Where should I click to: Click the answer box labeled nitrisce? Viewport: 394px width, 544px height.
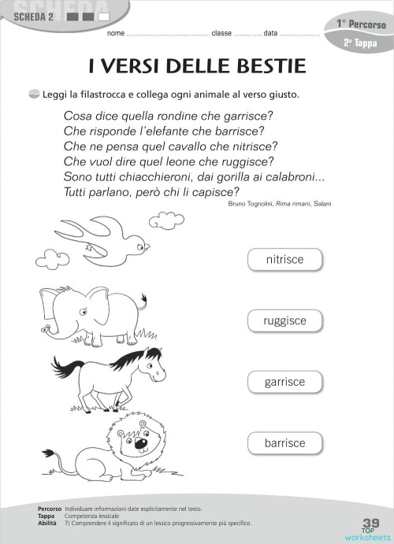(x=284, y=259)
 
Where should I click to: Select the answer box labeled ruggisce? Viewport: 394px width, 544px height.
(x=284, y=320)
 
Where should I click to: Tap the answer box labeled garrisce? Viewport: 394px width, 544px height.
(x=284, y=382)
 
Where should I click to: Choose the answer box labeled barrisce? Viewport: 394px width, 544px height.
(x=284, y=443)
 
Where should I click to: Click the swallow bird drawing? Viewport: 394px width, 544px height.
(x=102, y=238)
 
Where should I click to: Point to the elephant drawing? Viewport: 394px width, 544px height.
(x=91, y=313)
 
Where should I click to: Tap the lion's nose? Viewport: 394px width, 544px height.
(x=140, y=443)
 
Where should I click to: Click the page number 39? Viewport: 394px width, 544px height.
(x=371, y=523)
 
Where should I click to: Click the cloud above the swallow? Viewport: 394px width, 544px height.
(x=166, y=219)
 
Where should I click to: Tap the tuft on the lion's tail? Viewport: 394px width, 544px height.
(x=49, y=454)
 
